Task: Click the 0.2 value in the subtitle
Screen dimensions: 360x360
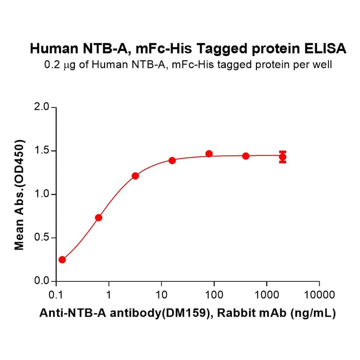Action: [x=51, y=65]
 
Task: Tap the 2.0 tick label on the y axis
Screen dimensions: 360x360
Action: [x=42, y=107]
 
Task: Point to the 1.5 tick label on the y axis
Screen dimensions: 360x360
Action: [x=42, y=151]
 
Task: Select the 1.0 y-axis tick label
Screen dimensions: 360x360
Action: [x=42, y=194]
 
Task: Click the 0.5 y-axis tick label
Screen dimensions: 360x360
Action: [x=42, y=237]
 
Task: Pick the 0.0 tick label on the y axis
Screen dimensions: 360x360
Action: [x=42, y=281]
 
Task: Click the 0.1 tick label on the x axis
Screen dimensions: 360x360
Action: [x=56, y=295]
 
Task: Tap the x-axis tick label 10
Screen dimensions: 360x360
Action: [x=161, y=295]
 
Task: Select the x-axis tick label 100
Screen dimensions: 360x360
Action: [x=214, y=295]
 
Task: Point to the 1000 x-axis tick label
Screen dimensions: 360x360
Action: [x=266, y=295]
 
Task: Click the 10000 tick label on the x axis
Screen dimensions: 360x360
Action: [x=319, y=295]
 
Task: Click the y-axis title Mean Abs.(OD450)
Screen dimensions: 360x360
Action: [x=19, y=194]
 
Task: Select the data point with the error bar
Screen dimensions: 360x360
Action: [x=282, y=157]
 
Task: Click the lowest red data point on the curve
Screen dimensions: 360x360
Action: [x=62, y=260]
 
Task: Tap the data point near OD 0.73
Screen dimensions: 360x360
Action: [x=98, y=218]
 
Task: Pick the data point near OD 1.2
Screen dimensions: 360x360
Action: [x=135, y=176]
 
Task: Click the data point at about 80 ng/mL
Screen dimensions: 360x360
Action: [x=209, y=154]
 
